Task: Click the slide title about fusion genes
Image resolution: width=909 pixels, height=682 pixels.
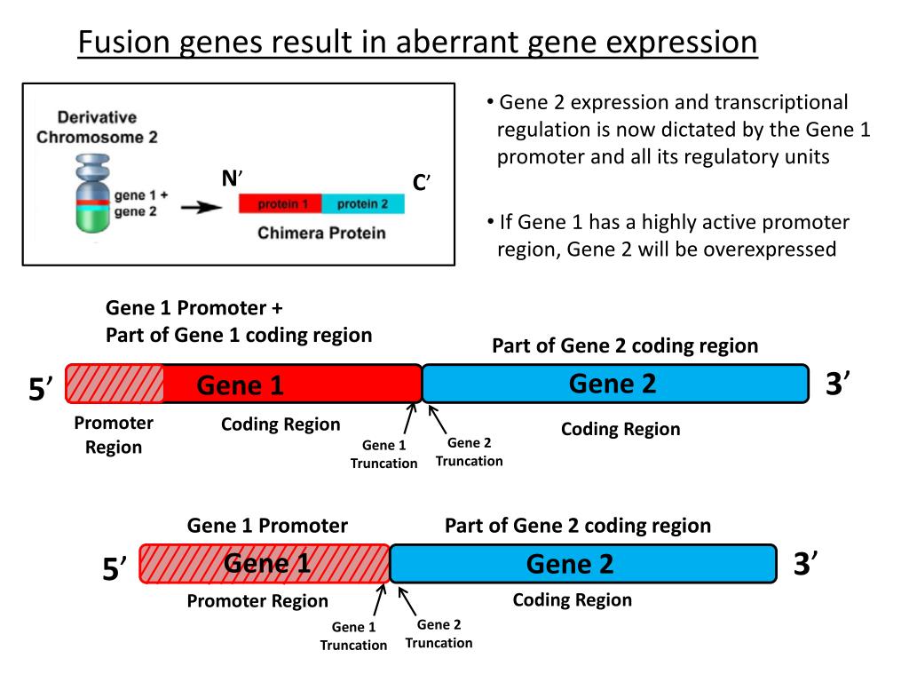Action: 417,42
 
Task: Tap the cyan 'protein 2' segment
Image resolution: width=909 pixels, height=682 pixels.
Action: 363,204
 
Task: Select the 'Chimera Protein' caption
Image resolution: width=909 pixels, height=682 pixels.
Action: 321,233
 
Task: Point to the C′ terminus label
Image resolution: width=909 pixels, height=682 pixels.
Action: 421,183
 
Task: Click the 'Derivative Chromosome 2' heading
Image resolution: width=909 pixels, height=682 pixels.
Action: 97,127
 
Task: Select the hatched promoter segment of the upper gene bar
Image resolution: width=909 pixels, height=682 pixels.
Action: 115,385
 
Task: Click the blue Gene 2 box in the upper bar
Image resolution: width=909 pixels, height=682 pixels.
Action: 615,384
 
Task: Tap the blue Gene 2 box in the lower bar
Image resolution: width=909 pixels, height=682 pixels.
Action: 582,564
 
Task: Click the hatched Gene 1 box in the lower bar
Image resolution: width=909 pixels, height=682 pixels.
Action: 265,564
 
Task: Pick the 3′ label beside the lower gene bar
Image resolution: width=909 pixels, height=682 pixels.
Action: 805,564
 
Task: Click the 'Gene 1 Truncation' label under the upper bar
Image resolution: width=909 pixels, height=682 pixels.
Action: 383,454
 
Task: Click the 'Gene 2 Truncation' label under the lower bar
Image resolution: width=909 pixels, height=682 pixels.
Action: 439,633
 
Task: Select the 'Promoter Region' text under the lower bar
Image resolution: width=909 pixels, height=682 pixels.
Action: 257,601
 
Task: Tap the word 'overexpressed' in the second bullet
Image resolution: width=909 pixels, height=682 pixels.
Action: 770,250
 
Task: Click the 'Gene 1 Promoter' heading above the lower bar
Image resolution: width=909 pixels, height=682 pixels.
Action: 267,526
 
